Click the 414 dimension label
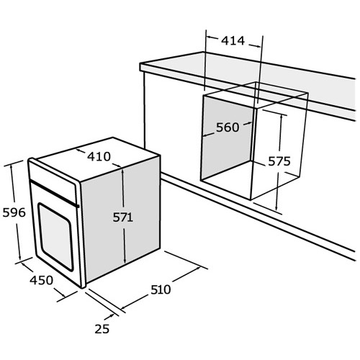[233, 40]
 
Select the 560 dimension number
[228, 127]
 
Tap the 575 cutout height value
[279, 161]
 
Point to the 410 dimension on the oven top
[99, 156]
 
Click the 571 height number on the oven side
[123, 217]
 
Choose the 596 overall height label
[14, 212]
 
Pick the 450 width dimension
[41, 280]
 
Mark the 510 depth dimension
[161, 289]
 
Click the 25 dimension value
[102, 329]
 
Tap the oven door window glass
[55, 237]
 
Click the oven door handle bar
[54, 193]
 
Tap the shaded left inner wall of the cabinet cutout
[227, 138]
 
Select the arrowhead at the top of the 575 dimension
[282, 117]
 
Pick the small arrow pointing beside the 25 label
[109, 317]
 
